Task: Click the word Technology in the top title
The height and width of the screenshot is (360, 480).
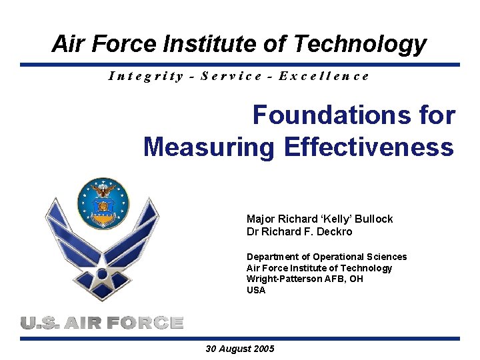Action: tap(359, 44)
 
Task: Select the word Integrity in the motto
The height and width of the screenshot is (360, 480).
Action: tap(146, 75)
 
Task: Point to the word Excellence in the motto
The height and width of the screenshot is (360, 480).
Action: tap(324, 75)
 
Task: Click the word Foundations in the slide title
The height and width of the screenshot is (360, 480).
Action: tap(327, 115)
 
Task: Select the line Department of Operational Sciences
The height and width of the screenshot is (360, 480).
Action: tap(326, 257)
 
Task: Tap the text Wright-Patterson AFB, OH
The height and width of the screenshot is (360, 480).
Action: tap(305, 279)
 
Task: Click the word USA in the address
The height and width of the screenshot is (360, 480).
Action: tap(256, 290)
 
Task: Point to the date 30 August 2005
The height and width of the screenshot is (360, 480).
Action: tap(240, 349)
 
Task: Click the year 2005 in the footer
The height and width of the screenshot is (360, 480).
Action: tap(263, 349)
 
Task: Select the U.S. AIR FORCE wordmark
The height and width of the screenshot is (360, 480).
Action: tap(101, 323)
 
